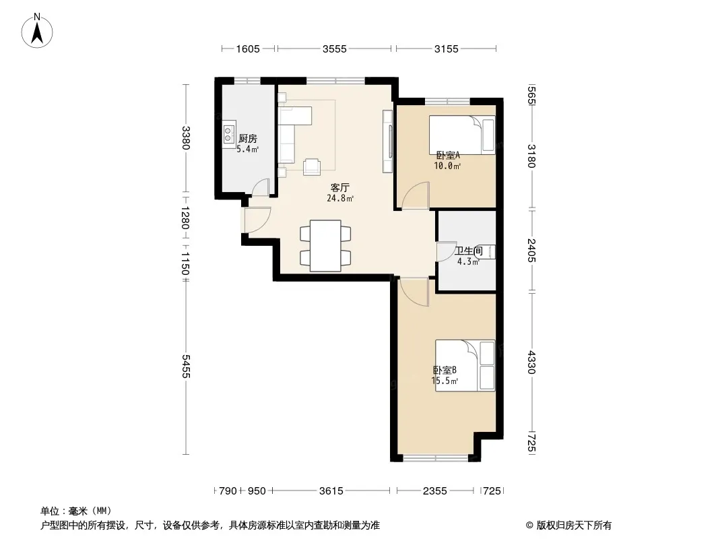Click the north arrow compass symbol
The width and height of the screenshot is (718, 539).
(x=36, y=31)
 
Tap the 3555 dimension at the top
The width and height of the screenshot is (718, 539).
(x=334, y=49)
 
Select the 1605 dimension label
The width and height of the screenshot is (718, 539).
(x=248, y=49)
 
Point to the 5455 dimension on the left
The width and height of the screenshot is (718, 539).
(x=185, y=367)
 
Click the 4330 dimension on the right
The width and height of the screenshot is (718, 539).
(x=531, y=362)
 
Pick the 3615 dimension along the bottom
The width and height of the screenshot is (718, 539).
(x=331, y=491)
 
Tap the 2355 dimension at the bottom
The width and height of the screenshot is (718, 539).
(x=434, y=491)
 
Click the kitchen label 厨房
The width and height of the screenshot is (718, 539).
(x=248, y=138)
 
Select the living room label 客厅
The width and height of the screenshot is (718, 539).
(x=340, y=188)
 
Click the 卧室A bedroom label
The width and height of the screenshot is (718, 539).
(x=448, y=156)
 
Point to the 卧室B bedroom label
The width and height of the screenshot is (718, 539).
(x=445, y=370)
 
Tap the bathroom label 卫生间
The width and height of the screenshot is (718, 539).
(x=468, y=251)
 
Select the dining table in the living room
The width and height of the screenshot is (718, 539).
(x=325, y=246)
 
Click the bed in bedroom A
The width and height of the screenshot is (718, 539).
(x=461, y=135)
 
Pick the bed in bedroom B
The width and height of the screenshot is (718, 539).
(x=465, y=365)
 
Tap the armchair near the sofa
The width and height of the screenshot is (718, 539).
(x=312, y=166)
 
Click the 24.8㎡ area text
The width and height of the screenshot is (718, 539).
(x=340, y=198)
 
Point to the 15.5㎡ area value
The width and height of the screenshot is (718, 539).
(x=445, y=381)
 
